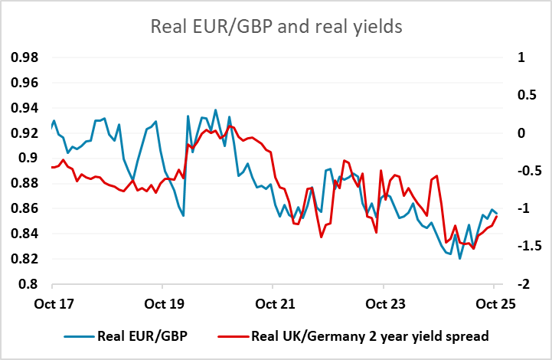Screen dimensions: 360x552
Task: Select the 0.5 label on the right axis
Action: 523,95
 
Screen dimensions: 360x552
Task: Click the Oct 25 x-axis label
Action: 493,303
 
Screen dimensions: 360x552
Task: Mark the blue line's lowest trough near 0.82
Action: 460,259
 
